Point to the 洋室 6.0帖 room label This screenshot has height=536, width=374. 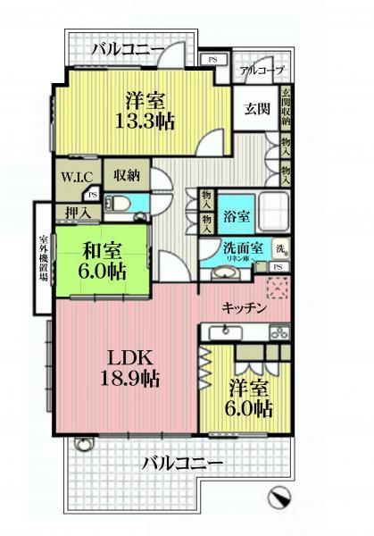coord(248,398)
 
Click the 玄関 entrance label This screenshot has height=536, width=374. coord(256,110)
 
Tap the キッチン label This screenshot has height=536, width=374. coord(245,308)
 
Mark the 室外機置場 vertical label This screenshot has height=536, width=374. coord(43,259)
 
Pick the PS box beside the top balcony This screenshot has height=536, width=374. coord(212,60)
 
